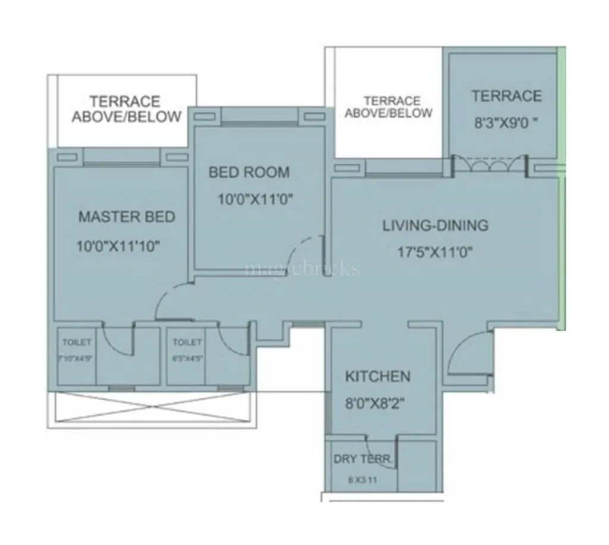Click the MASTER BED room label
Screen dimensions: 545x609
click(x=127, y=216)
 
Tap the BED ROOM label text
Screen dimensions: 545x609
click(x=249, y=173)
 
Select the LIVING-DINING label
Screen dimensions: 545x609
click(x=435, y=225)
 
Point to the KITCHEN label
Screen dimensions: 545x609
click(x=378, y=376)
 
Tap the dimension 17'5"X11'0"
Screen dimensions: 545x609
click(x=435, y=252)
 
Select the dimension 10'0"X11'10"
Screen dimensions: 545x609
click(x=119, y=246)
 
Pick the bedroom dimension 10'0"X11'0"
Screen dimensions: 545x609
click(x=255, y=200)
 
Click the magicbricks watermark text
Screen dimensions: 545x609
click(x=302, y=269)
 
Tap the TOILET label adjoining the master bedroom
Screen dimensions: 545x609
click(x=77, y=342)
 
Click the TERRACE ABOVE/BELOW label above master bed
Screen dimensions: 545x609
click(x=126, y=108)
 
